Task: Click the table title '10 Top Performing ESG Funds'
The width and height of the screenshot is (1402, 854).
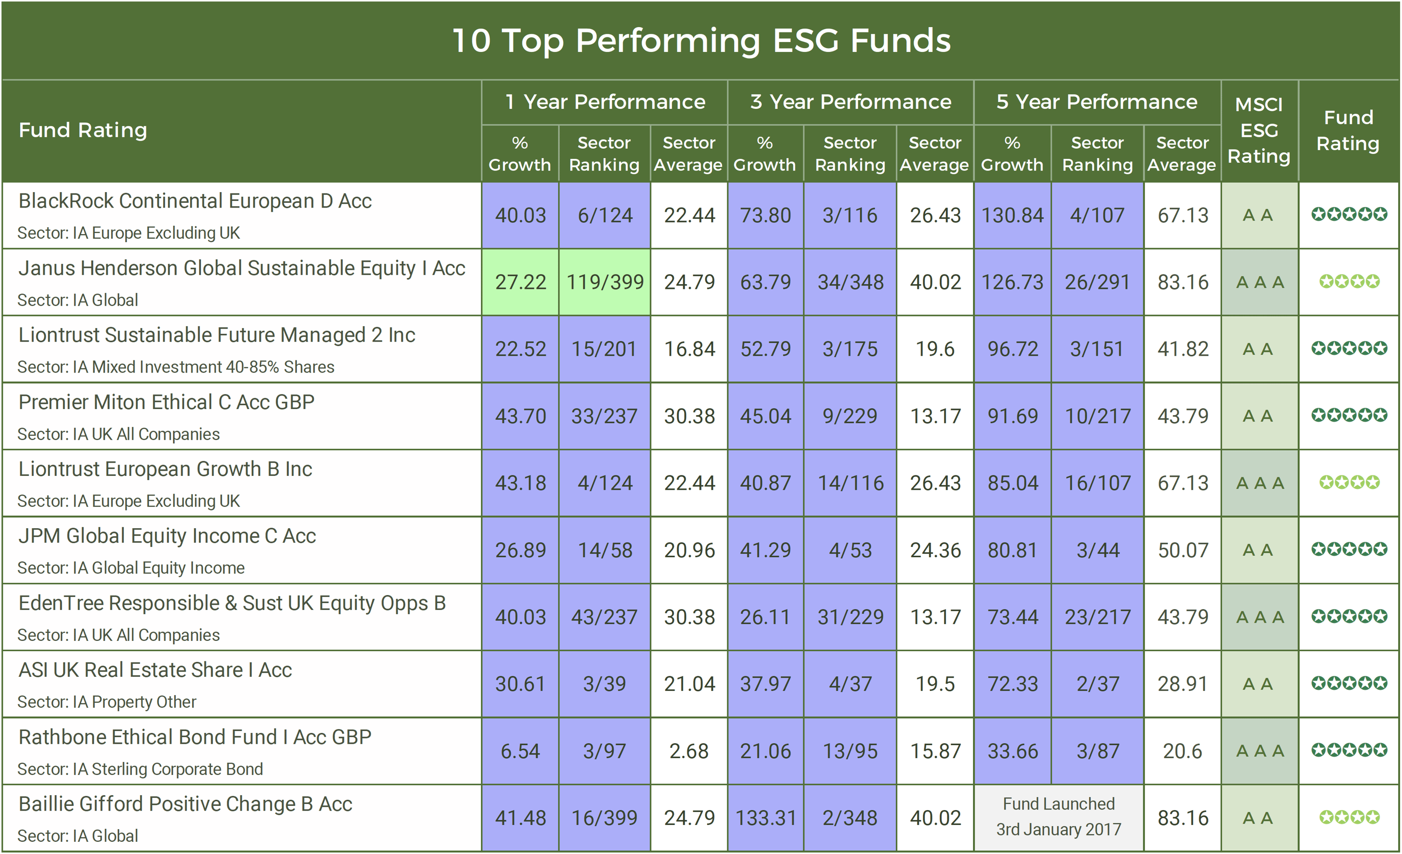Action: [x=701, y=41]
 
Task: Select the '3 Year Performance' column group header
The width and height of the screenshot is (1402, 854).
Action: [x=851, y=102]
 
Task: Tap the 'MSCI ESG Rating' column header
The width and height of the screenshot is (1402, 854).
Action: [x=1259, y=130]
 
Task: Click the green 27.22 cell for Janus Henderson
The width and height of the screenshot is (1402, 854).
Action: [x=520, y=282]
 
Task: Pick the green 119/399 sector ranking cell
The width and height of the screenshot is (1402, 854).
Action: [x=605, y=282]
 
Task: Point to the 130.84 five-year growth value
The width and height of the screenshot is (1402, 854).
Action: [x=1012, y=215]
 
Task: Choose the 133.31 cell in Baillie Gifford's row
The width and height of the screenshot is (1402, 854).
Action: [x=765, y=818]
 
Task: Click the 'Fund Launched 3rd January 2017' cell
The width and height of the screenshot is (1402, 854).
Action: [x=1059, y=817]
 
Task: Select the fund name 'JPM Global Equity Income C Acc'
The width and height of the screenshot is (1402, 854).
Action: [x=167, y=536]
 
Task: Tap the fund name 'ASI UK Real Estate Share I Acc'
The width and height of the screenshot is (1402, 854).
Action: [x=155, y=670]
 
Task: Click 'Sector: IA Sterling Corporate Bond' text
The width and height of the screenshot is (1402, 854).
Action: [x=140, y=769]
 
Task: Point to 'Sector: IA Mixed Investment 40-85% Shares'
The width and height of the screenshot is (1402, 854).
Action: [x=176, y=367]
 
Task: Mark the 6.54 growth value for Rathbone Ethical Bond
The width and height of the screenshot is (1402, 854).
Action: [x=520, y=751]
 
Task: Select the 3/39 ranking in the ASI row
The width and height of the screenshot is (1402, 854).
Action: [x=604, y=684]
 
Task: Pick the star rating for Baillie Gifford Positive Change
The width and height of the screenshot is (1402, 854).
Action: [x=1349, y=818]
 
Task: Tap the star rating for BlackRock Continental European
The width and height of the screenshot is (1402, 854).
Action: [x=1349, y=215]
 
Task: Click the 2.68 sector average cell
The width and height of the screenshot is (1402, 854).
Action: [x=688, y=751]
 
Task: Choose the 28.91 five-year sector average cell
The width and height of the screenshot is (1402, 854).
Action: [x=1182, y=684]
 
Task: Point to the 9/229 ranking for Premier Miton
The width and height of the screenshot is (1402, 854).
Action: [x=850, y=416]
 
